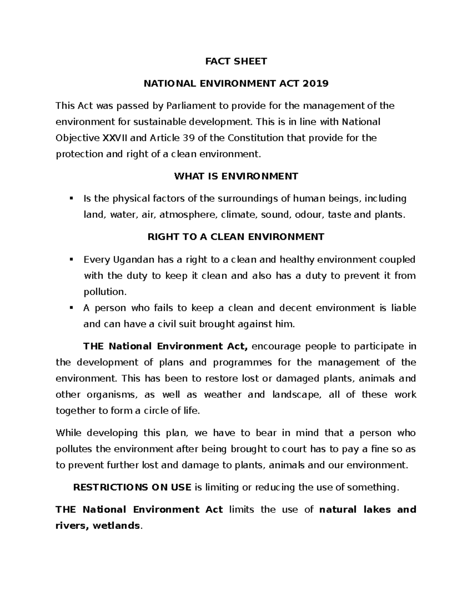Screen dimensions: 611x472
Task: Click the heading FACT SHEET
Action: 236,61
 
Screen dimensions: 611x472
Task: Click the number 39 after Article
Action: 188,138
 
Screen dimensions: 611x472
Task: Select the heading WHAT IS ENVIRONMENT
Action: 236,176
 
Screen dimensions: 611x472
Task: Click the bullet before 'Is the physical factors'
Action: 71,198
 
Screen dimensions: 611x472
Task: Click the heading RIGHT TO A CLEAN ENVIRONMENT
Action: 236,237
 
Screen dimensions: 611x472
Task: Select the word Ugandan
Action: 134,260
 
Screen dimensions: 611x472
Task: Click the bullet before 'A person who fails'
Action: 71,308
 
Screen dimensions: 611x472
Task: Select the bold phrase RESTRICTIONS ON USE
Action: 133,487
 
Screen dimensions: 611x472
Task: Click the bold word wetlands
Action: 116,526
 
